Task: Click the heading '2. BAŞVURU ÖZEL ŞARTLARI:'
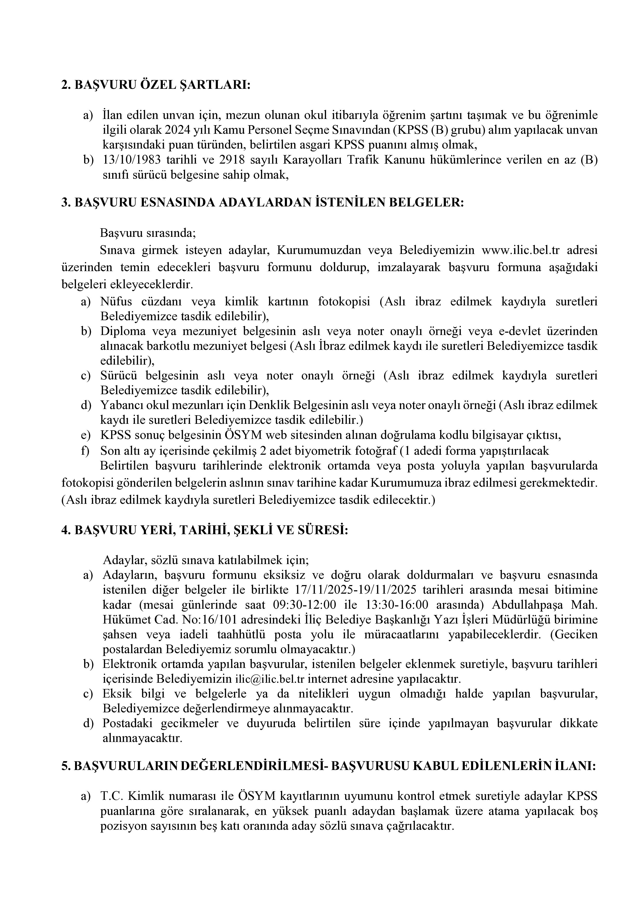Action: click(x=156, y=85)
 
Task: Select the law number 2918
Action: click(x=231, y=160)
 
